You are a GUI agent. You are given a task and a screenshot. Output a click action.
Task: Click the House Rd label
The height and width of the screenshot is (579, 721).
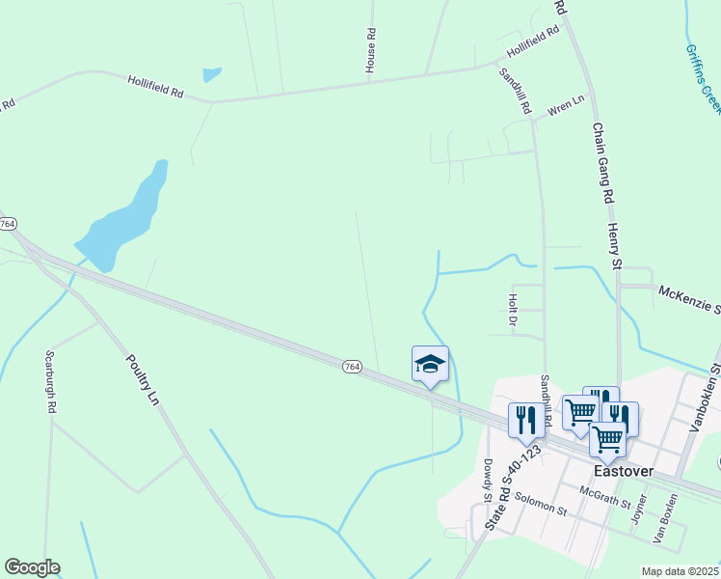370,49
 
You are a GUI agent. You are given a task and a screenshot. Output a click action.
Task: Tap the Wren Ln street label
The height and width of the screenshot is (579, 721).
567,105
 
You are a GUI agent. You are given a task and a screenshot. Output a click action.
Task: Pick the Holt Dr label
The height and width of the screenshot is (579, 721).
513,310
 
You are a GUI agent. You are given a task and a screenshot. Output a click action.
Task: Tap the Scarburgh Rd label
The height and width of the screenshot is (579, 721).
49,382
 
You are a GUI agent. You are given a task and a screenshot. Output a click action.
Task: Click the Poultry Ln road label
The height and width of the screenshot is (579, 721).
141,379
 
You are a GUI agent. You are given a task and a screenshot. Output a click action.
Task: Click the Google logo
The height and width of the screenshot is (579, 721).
32,567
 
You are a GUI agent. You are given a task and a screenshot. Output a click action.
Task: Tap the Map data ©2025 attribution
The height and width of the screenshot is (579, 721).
680,571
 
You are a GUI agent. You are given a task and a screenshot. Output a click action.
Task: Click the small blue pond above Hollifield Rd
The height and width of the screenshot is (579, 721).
212,73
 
